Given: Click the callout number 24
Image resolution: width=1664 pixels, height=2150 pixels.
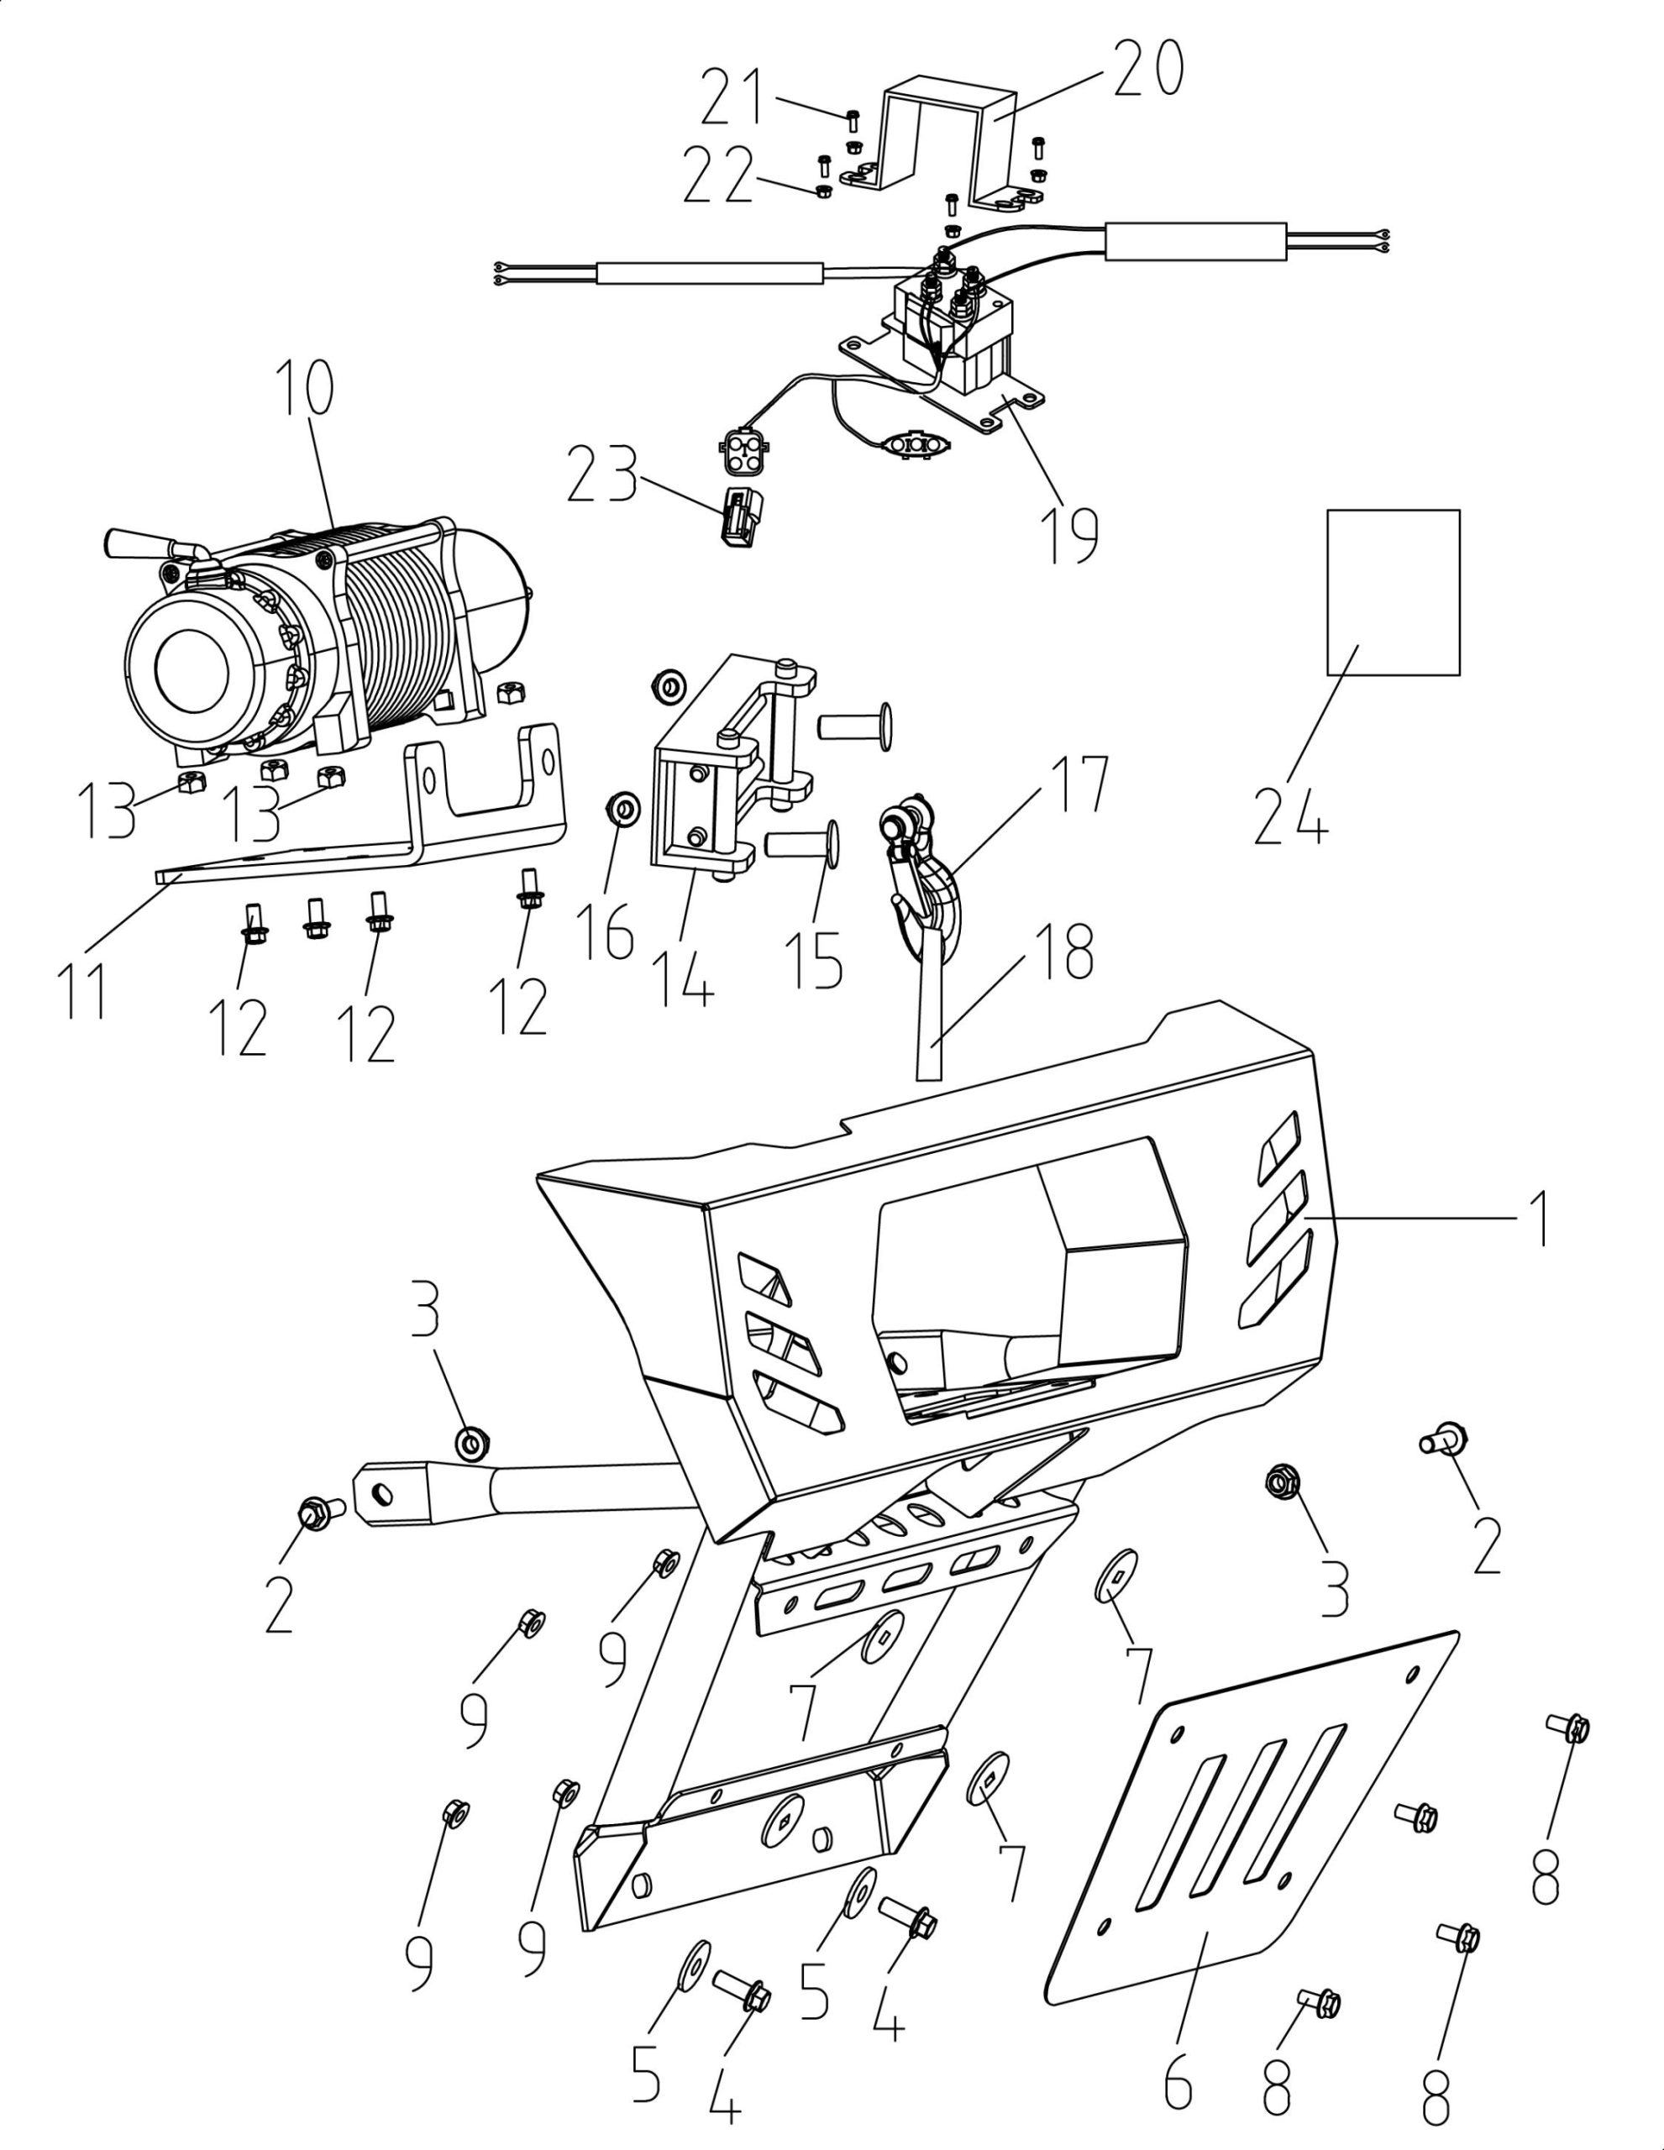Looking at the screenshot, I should pyautogui.click(x=1290, y=814).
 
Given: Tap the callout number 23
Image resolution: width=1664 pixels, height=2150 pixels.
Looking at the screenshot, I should pyautogui.click(x=601, y=474).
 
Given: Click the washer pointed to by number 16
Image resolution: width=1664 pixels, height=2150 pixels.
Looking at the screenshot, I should pyautogui.click(x=620, y=808).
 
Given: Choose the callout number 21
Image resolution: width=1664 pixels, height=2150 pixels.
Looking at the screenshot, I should pyautogui.click(x=732, y=98).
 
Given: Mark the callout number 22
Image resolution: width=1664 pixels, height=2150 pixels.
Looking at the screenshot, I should pyautogui.click(x=719, y=176).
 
